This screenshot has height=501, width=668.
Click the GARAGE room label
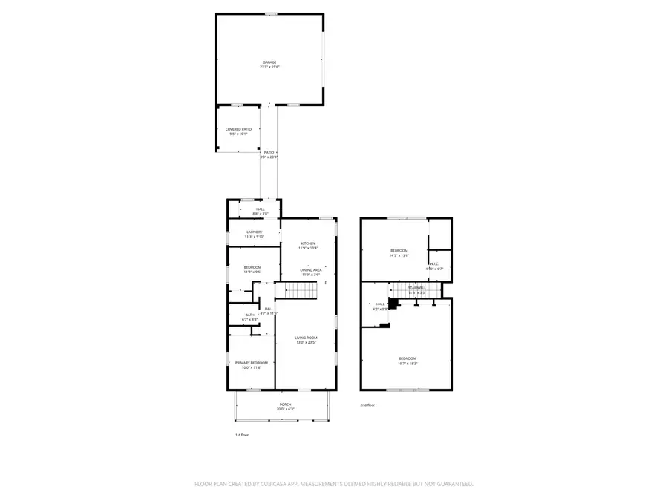pos(269,62)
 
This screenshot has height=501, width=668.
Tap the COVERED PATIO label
pos(238,129)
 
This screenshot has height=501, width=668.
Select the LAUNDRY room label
pos(254,232)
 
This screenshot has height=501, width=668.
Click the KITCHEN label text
pos(309,243)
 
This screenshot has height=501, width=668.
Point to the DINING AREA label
pos(310,270)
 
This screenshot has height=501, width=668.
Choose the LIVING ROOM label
pos(307,338)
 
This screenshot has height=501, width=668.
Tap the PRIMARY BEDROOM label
pos(249,362)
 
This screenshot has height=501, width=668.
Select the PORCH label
pos(285,404)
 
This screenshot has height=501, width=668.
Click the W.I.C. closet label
pos(434,263)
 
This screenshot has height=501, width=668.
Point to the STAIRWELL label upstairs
pos(416,287)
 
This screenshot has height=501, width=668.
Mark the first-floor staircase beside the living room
pos(301,289)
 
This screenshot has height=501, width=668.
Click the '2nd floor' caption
pos(367,405)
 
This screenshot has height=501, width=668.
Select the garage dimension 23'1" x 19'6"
pos(269,68)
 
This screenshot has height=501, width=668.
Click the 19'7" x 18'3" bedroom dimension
pos(407,364)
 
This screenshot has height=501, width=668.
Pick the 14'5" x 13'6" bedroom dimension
pos(399,255)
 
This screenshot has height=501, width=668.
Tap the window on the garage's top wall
pos(272,13)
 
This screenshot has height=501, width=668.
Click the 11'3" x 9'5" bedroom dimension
pos(253,272)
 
